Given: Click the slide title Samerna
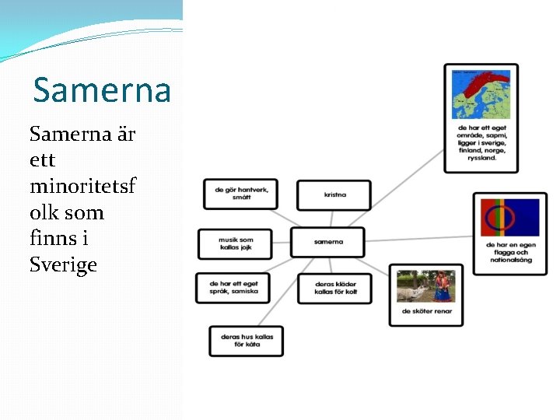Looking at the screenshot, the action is coord(101,90).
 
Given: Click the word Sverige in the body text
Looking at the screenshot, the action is coord(63,264).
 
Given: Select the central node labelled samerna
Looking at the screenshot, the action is coord(327,242).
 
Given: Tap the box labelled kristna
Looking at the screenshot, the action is coord(334,194).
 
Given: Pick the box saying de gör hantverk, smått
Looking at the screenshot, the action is coord(240,194).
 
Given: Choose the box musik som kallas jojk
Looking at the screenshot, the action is coord(235,243).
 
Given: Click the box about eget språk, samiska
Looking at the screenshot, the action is coord(233,288).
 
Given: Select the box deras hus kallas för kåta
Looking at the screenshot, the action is coord(246,341).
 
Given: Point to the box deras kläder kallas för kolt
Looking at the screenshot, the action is coord(334,288).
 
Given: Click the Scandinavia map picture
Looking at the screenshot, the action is coord(481,94).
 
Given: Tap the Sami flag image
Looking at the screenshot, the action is coord(509,218).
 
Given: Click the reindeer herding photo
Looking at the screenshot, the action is coord(425,286).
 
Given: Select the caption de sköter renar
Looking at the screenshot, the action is coord(426,312).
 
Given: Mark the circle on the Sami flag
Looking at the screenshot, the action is coord(497,218).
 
